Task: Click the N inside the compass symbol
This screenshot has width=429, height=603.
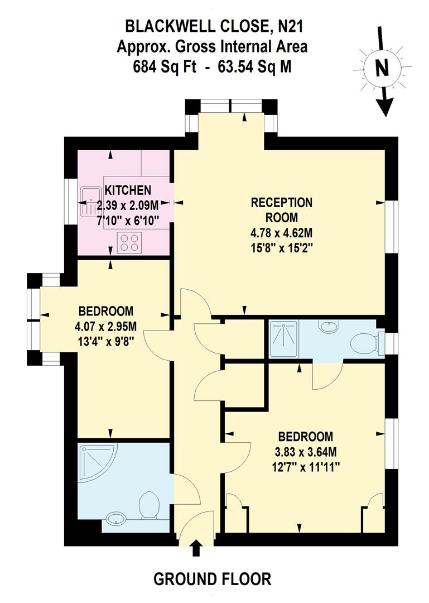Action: [382, 68]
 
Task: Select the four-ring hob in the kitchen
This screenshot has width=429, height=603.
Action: [130, 242]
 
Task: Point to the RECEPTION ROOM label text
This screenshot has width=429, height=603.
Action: [281, 209]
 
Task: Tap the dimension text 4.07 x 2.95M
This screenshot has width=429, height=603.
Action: [105, 326]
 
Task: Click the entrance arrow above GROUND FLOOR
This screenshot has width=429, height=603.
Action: [196, 549]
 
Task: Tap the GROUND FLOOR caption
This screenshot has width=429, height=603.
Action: [212, 579]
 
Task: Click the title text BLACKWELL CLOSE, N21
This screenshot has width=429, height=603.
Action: [214, 26]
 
